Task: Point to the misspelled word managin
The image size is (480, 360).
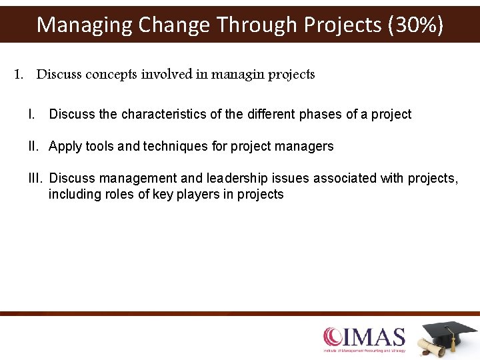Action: pos(238,75)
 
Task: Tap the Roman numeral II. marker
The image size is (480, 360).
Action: pos(35,146)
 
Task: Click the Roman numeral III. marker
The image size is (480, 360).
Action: pos(37,178)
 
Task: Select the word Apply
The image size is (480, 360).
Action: pos(65,146)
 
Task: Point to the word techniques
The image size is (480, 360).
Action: pos(166,146)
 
